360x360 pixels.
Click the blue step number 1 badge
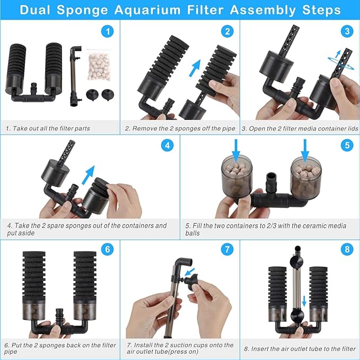pos(108,31)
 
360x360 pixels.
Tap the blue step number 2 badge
pos(227,31)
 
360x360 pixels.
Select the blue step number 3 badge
pos(347,31)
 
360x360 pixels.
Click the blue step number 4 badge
pos(168,145)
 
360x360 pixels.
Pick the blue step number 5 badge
pos(347,145)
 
